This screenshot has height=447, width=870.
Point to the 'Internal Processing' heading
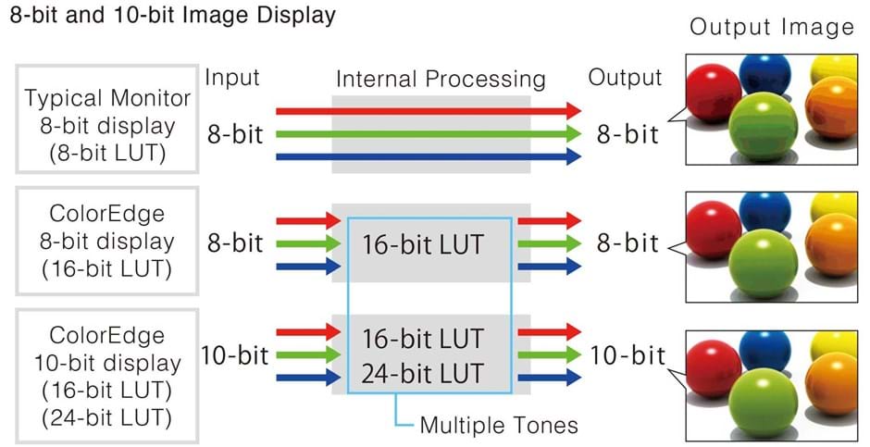pyautogui.click(x=440, y=79)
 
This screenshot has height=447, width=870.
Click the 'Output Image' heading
pyautogui.click(x=771, y=27)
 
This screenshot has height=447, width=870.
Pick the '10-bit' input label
pyautogui.click(x=234, y=354)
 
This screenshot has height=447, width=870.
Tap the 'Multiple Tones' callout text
pyautogui.click(x=499, y=426)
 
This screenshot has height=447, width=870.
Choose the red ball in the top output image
pyautogui.click(x=715, y=90)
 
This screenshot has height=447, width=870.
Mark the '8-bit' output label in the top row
pyautogui.click(x=628, y=135)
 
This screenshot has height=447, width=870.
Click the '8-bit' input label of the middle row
pyautogui.click(x=234, y=244)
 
